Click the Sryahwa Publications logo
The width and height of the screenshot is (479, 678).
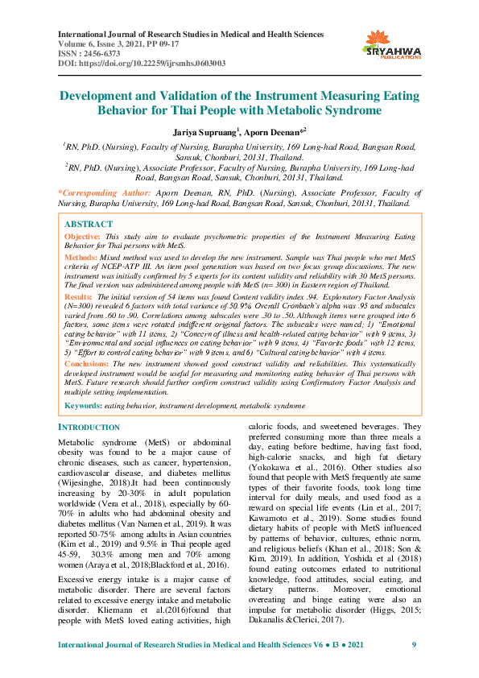(x=393, y=45)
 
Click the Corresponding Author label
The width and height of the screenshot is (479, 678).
(x=105, y=193)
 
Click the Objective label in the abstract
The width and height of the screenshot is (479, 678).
(x=82, y=236)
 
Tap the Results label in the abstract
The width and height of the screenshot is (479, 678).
(x=79, y=298)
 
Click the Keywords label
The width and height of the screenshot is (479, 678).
(x=82, y=407)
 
